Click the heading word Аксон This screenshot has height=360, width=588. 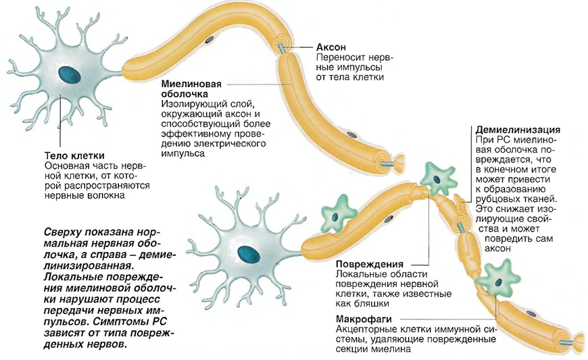[x=330, y=47]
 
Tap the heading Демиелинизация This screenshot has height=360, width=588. [x=518, y=130]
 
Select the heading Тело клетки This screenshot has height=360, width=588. [x=74, y=155]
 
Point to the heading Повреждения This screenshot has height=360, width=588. [x=370, y=264]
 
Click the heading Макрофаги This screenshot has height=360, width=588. [x=364, y=319]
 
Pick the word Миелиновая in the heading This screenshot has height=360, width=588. [x=191, y=84]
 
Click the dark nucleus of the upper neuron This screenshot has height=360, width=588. [x=70, y=74]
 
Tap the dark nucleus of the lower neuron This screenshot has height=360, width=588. [x=249, y=255]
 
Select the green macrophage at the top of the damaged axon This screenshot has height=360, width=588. [x=438, y=179]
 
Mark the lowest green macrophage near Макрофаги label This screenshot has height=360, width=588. [x=498, y=280]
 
